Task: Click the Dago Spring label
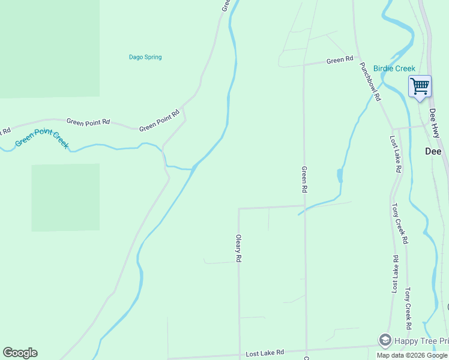(145, 58)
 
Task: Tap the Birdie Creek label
(394, 68)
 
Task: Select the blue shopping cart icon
(420, 86)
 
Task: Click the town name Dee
(433, 151)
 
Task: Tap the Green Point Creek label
(41, 139)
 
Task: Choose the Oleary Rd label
(238, 248)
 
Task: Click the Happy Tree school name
(421, 341)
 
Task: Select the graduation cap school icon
(385, 340)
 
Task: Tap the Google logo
(20, 353)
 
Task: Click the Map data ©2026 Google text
(412, 355)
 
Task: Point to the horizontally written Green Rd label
(340, 60)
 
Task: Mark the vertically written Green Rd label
(304, 179)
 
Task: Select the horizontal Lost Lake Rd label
(264, 353)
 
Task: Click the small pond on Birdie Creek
(340, 176)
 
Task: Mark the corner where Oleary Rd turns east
(239, 209)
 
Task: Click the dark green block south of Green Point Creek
(65, 197)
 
